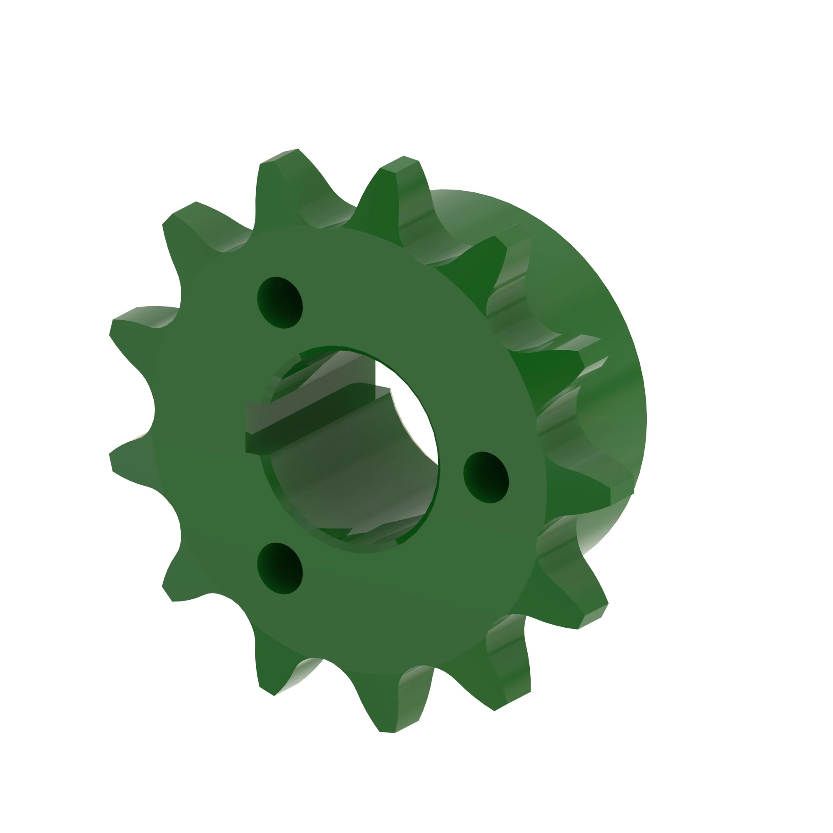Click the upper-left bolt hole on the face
coord(280,303)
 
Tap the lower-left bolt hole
coord(280,568)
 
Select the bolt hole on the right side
coord(486,477)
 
